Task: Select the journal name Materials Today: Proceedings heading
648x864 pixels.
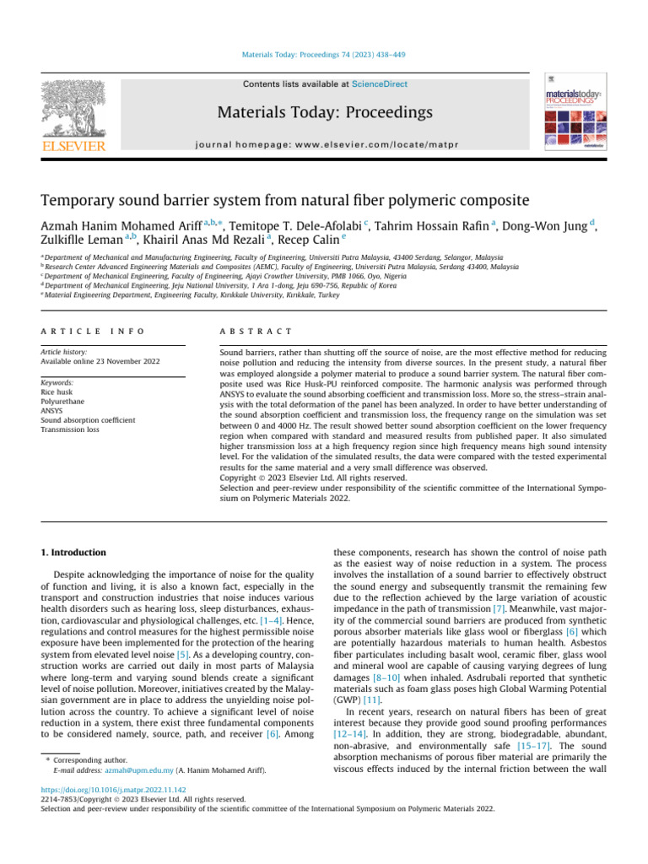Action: [x=325, y=112]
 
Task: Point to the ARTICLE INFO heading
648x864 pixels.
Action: [x=93, y=332]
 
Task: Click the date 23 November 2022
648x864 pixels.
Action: [x=114, y=361]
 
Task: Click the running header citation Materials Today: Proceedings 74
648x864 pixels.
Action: [x=324, y=55]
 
